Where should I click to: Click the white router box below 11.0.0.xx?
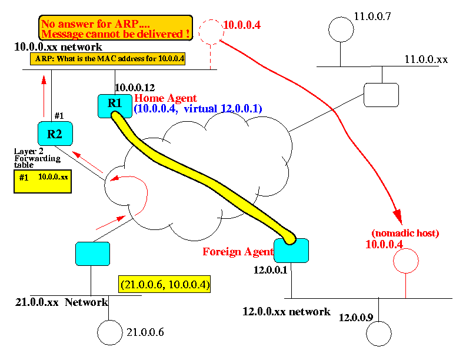(x=381, y=95)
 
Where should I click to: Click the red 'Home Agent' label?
(x=166, y=98)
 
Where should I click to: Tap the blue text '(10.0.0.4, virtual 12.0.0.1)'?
(x=197, y=109)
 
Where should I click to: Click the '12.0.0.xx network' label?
(x=287, y=311)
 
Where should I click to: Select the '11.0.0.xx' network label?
(x=426, y=59)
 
